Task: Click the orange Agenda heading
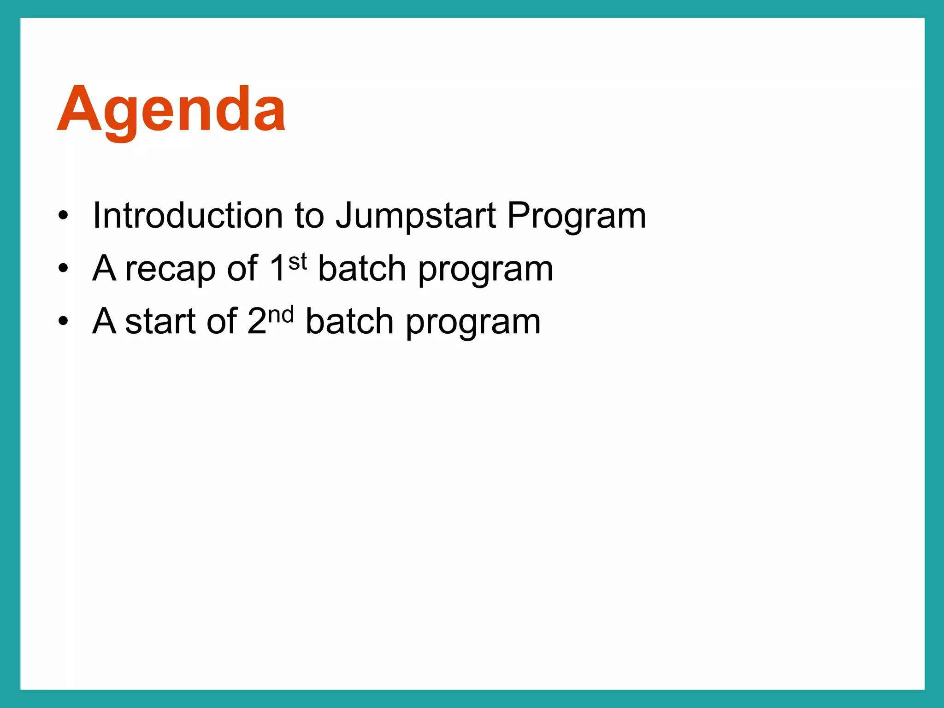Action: [171, 111]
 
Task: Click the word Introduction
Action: [188, 215]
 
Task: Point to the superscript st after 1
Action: [298, 262]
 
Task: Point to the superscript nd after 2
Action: [281, 315]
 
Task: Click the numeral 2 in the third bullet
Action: [257, 321]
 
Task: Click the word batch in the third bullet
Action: [349, 321]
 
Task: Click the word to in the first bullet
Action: [309, 216]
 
